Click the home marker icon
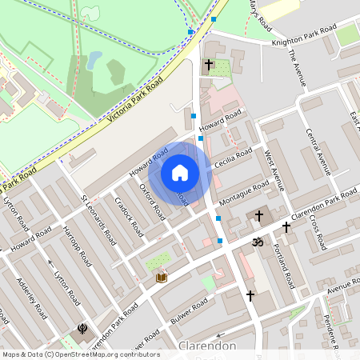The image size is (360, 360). coord(180,173)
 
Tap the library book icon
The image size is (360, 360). coord(162,277)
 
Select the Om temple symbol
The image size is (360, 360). coord(258,241)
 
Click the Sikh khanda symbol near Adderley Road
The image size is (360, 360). coord(82,328)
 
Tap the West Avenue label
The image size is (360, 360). coord(274,170)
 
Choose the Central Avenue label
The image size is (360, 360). coord(319,150)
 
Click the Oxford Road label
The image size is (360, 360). coord(152,202)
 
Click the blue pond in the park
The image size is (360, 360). coord(95,60)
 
